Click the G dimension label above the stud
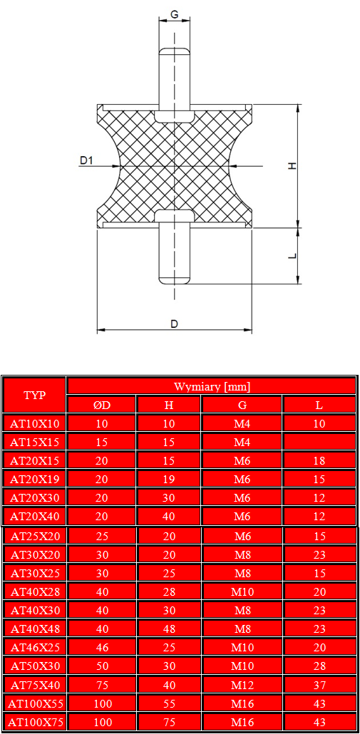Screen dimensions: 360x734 coord(174,14)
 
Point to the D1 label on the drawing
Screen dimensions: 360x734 coord(86,160)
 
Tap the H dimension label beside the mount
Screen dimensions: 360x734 coord(292,166)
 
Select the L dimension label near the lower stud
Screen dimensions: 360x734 coord(292,256)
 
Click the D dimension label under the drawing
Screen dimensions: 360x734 coord(174,324)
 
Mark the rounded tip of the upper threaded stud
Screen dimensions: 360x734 coord(174,51)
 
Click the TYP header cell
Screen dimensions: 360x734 coord(35,395)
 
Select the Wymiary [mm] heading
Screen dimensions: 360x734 coord(212,387)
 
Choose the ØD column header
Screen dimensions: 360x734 coord(102,405)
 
